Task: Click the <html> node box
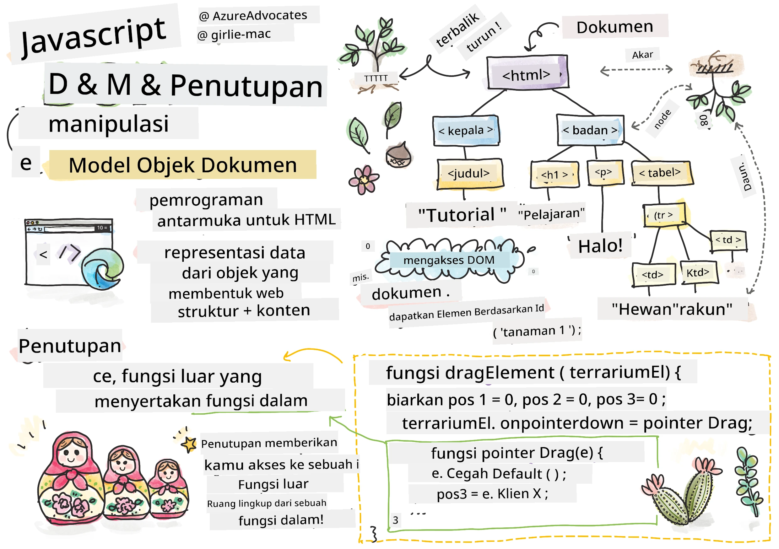coord(527,72)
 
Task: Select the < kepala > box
coord(466,131)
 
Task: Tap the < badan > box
coord(590,130)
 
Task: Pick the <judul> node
coord(470,174)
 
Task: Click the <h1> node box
coord(554,174)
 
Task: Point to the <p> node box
coord(605,173)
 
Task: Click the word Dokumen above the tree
coord(614,27)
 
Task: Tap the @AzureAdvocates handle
coord(253,16)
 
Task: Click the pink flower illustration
coord(363,180)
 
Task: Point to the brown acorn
coord(398,155)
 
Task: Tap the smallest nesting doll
coord(168,489)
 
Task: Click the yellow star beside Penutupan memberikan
coord(189,444)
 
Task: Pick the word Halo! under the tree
coord(600,246)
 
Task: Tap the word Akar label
coord(642,55)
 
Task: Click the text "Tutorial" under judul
coord(462,215)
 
